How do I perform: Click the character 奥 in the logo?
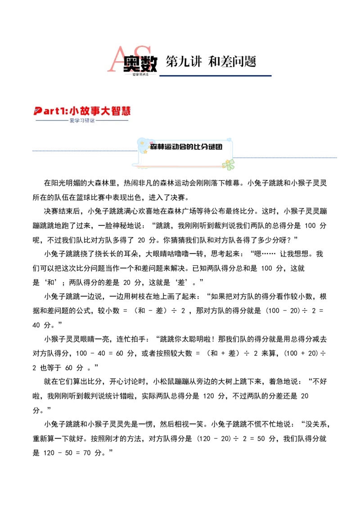coord(133,64)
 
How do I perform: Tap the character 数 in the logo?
coord(148,64)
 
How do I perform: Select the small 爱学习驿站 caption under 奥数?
coord(140,75)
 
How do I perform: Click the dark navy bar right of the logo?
coord(217,76)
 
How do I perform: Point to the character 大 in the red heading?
coord(109,111)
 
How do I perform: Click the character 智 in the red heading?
coord(120,111)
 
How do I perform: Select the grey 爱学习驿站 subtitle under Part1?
coord(82,121)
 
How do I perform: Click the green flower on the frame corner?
coord(229,165)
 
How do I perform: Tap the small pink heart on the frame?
coord(151,143)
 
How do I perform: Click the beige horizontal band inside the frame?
coord(185,153)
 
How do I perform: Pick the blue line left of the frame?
coord(83,151)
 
